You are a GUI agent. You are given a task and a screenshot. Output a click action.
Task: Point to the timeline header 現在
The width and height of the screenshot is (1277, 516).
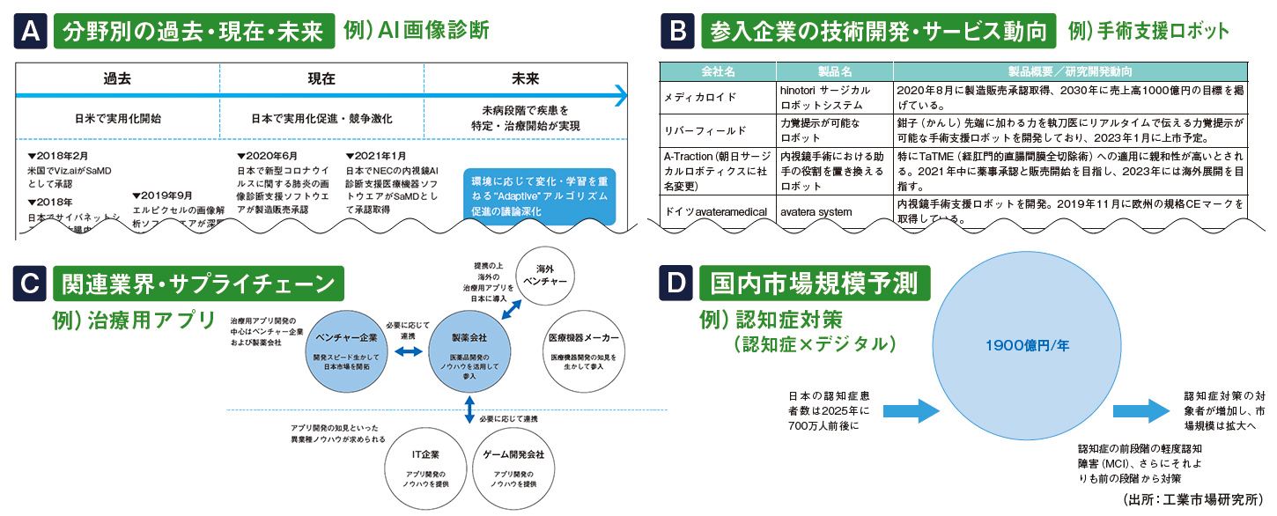(x=321, y=78)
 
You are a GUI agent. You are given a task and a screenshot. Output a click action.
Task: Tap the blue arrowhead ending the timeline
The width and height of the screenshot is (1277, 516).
(x=621, y=95)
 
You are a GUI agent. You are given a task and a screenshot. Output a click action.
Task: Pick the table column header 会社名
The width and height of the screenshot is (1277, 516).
(x=717, y=70)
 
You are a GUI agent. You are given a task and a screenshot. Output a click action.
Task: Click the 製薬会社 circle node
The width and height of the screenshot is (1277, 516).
(x=469, y=350)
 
